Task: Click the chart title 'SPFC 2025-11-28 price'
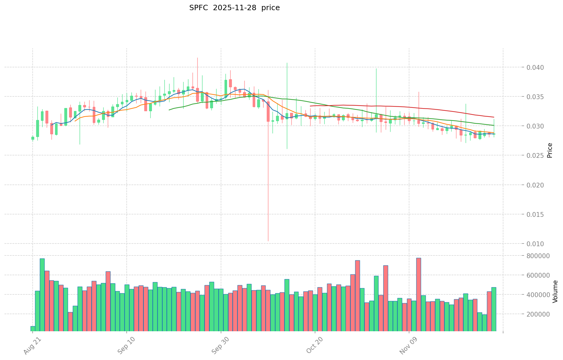tap(234, 8)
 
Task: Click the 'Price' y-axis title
tap(550, 150)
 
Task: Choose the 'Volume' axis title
tap(556, 291)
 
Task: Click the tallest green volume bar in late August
tap(42, 295)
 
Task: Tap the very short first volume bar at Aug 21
tap(33, 329)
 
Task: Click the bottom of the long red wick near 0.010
tap(268, 241)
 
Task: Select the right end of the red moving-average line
tap(494, 117)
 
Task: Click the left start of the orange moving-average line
tap(75, 121)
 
